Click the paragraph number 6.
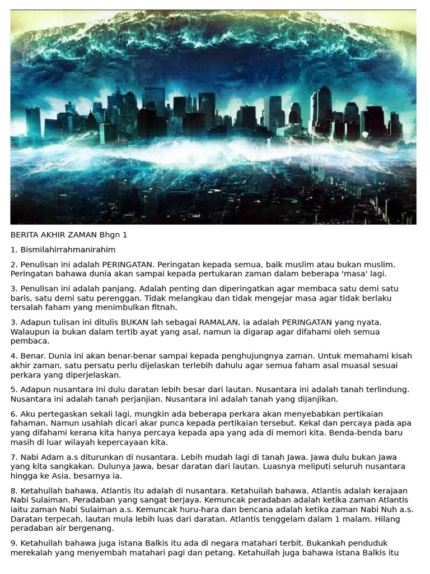coord(13,414)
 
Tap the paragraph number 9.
coord(13,543)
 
